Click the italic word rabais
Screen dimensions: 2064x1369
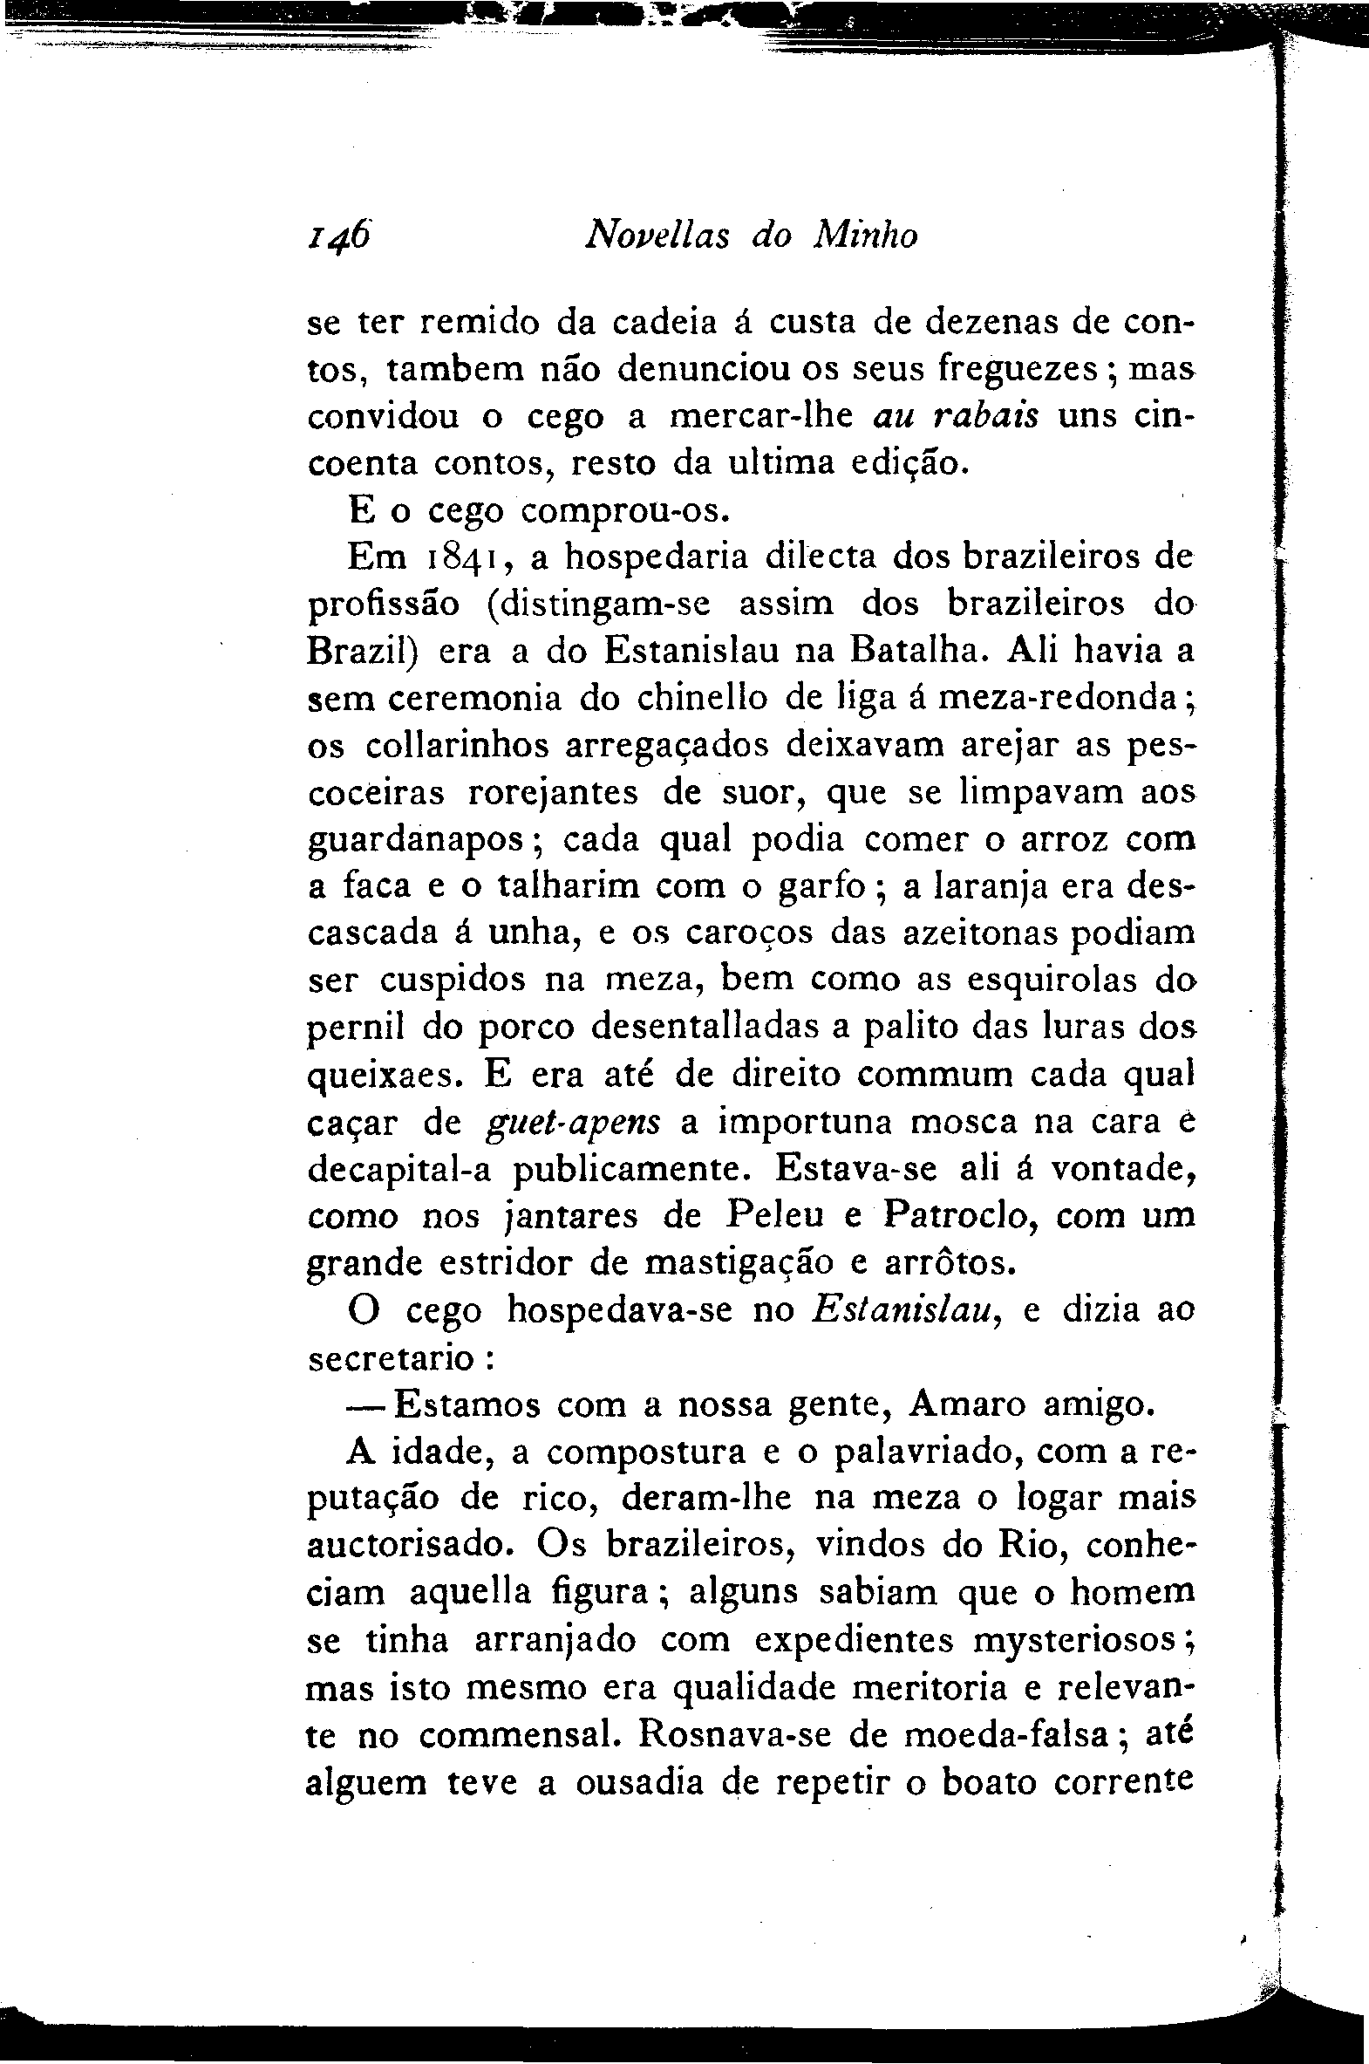pos(985,416)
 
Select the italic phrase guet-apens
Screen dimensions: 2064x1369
pos(573,1123)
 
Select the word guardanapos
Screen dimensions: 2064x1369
pos(419,841)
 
